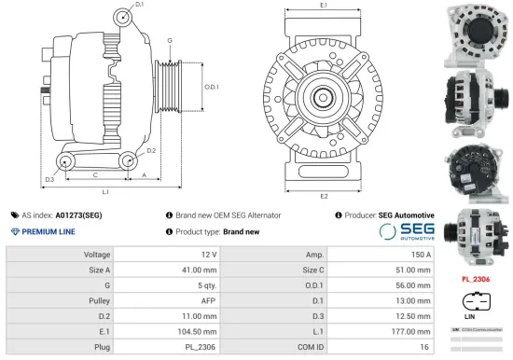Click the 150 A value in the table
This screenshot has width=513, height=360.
(421, 254)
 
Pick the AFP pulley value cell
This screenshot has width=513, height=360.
(209, 300)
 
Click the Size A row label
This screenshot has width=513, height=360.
(98, 270)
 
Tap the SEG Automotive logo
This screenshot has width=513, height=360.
(407, 230)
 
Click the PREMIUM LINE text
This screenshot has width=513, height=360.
(48, 230)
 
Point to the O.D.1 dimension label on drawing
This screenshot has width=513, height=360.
(212, 87)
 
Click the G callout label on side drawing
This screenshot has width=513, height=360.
(169, 41)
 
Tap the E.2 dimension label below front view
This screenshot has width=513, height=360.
(324, 196)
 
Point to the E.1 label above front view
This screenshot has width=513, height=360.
(324, 7)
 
